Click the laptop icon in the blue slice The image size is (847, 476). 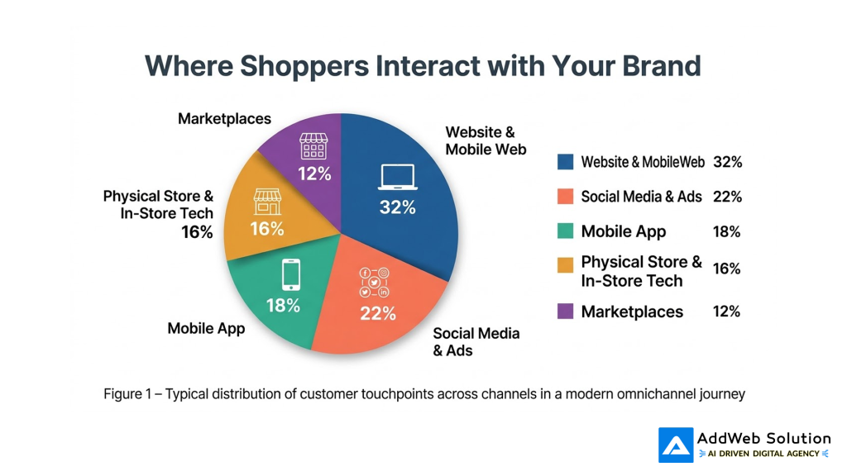pos(397,177)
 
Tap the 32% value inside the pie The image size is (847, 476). pos(397,207)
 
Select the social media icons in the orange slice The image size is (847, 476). pos(375,283)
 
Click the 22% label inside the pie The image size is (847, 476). pos(378,314)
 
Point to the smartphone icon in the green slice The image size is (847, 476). pos(290,274)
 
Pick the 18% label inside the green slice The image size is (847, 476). pos(283,306)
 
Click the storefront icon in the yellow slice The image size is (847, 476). pos(267,202)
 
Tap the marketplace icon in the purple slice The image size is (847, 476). pos(313,146)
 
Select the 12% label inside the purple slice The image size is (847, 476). pos(314,174)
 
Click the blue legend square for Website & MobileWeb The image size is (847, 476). pos(566,162)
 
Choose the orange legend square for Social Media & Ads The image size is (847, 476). pos(566,197)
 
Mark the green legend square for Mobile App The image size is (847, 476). pos(566,231)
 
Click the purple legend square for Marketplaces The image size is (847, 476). pos(566,312)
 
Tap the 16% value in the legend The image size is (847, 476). pos(726,269)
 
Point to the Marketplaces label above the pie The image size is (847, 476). pos(224,119)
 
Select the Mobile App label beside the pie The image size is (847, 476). pos(206,329)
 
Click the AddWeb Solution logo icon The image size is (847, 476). pos(675,445)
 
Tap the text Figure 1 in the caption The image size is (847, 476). pos(130,394)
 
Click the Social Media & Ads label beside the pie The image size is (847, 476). pos(476,341)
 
